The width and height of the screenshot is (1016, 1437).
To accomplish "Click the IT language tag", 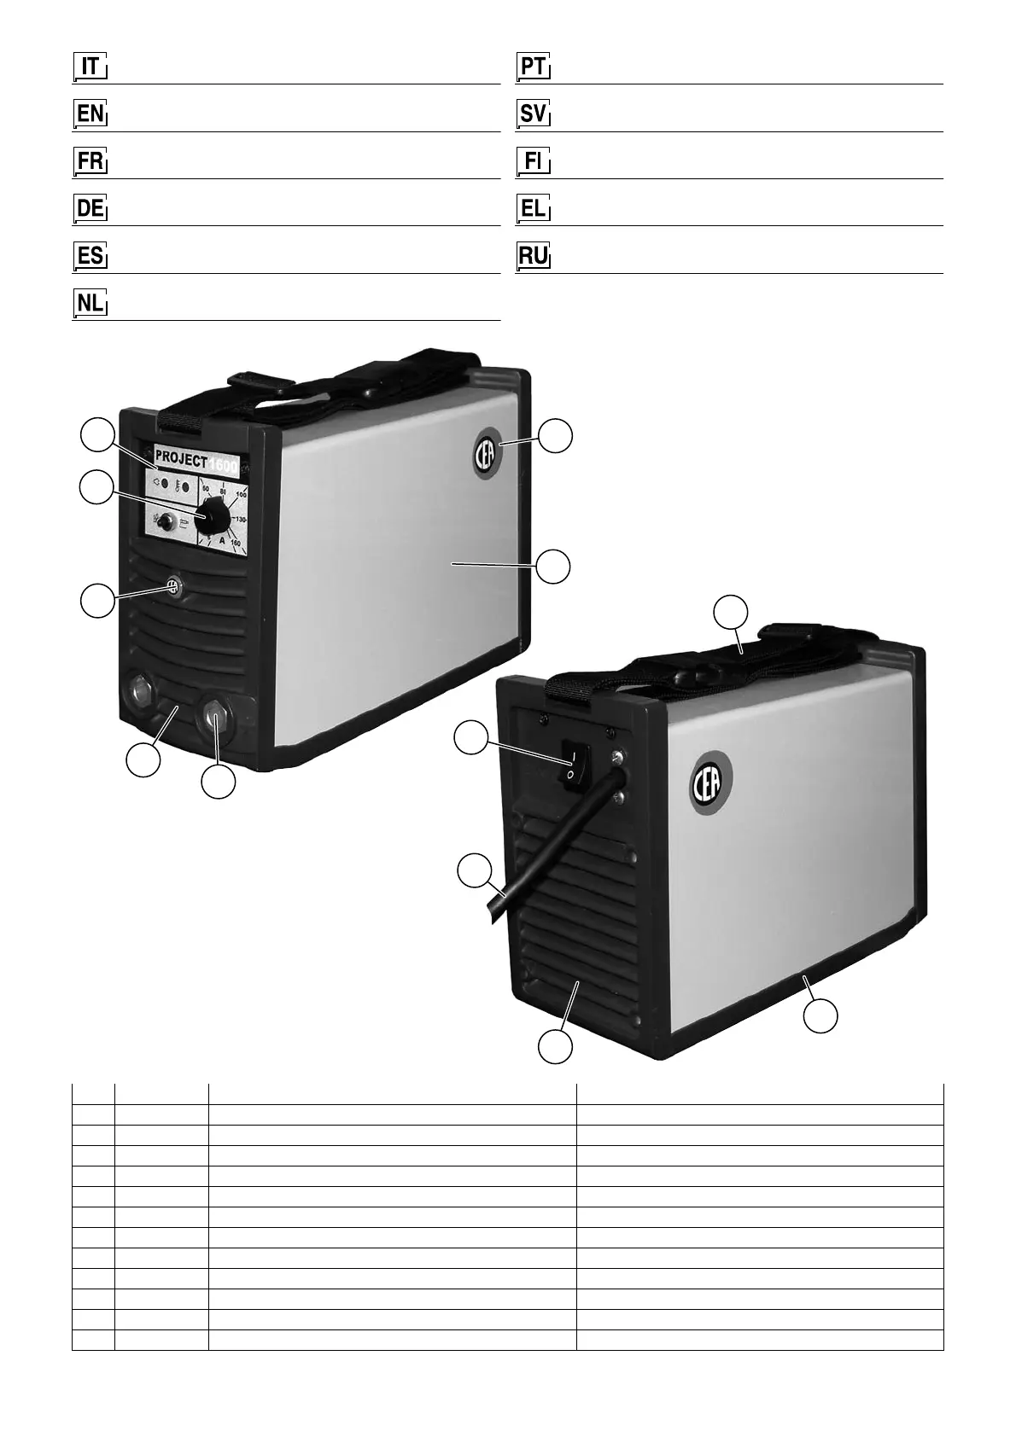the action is pos(90,67).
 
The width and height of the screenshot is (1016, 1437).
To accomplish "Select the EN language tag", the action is pos(90,113).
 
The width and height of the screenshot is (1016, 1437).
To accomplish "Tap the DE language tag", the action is pos(90,208).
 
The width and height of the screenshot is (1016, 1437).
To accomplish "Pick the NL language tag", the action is pos(90,303).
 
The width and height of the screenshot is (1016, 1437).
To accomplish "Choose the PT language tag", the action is pos(534,67).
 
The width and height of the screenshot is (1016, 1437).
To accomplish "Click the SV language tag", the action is pos(534,113).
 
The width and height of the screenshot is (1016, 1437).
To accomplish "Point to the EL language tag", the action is pos(534,208).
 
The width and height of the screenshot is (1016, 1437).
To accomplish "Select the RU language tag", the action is pos(534,255).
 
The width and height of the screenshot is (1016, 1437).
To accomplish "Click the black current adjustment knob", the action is pos(210,516).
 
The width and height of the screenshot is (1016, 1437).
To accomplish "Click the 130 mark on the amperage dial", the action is pos(239,519).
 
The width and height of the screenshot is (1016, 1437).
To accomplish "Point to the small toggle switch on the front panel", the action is pos(166,521).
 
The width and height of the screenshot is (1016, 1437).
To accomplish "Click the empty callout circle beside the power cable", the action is pos(475,873).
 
